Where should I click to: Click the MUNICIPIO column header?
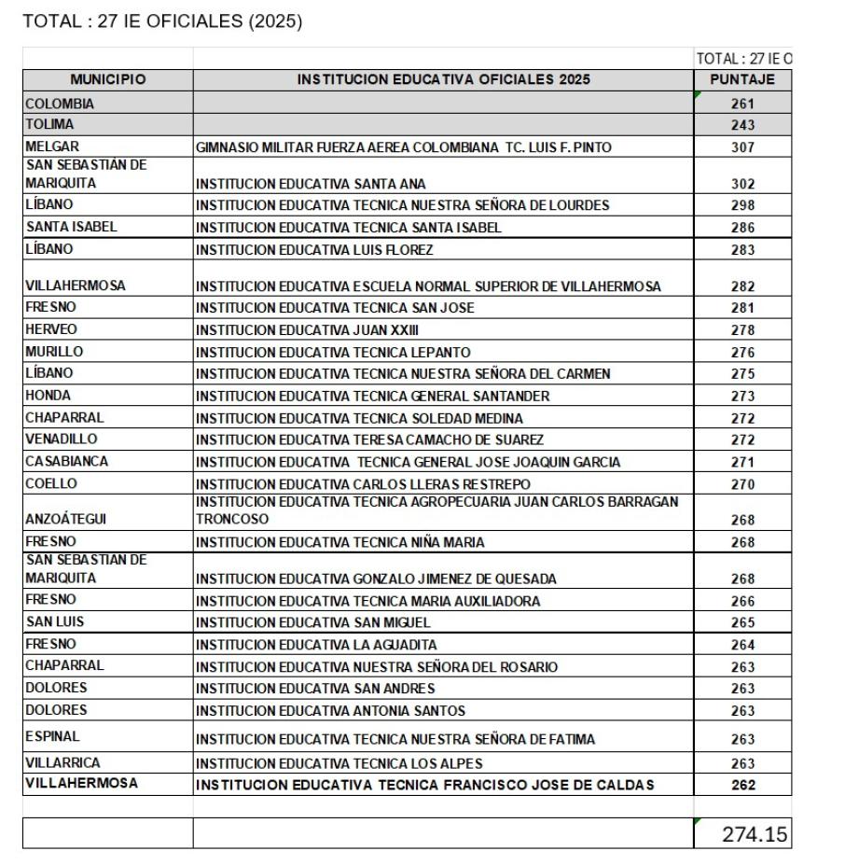click(x=107, y=80)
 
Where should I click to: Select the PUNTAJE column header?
click(x=742, y=80)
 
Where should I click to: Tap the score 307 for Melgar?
click(x=742, y=146)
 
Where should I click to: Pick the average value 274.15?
click(x=755, y=834)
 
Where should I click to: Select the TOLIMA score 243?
click(x=742, y=125)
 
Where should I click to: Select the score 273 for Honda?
click(x=742, y=396)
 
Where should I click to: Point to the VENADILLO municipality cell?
click(x=61, y=439)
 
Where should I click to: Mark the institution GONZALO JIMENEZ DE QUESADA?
click(x=375, y=579)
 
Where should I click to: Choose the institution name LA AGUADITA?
click(x=316, y=645)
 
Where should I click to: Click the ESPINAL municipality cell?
click(x=51, y=736)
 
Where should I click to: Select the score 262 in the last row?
click(x=742, y=785)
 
